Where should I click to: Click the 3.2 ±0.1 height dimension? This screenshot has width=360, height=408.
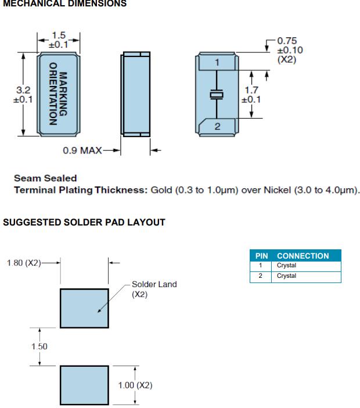pyautogui.click(x=21, y=95)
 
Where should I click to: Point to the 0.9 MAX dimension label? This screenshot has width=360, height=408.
pyautogui.click(x=82, y=151)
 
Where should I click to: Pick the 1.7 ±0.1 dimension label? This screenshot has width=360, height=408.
pyautogui.click(x=251, y=94)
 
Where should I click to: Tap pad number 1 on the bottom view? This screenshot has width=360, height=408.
pyautogui.click(x=217, y=62)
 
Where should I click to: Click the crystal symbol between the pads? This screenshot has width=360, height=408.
pyautogui.click(x=217, y=94)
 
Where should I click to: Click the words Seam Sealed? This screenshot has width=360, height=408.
pyautogui.click(x=45, y=178)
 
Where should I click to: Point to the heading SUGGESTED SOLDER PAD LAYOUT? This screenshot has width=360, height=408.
pyautogui.click(x=85, y=222)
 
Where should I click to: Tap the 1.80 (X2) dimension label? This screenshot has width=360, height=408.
pyautogui.click(x=25, y=263)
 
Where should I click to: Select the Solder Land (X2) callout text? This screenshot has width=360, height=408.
pyautogui.click(x=154, y=289)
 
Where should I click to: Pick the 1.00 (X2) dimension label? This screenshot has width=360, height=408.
pyautogui.click(x=135, y=385)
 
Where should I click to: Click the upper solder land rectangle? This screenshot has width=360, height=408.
pyautogui.click(x=84, y=307)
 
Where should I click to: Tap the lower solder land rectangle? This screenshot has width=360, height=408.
pyautogui.click(x=84, y=385)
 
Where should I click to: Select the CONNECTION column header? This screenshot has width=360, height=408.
pyautogui.click(x=303, y=256)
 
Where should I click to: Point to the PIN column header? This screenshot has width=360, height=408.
pyautogui.click(x=261, y=256)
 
